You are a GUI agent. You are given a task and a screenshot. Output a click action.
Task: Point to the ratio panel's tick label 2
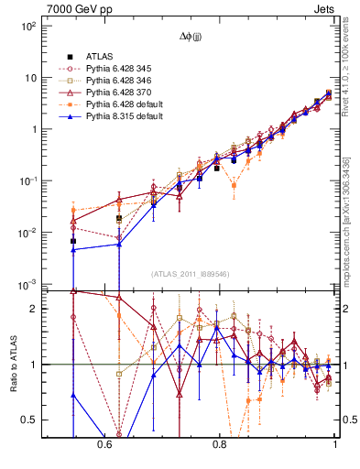tap(35, 310)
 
